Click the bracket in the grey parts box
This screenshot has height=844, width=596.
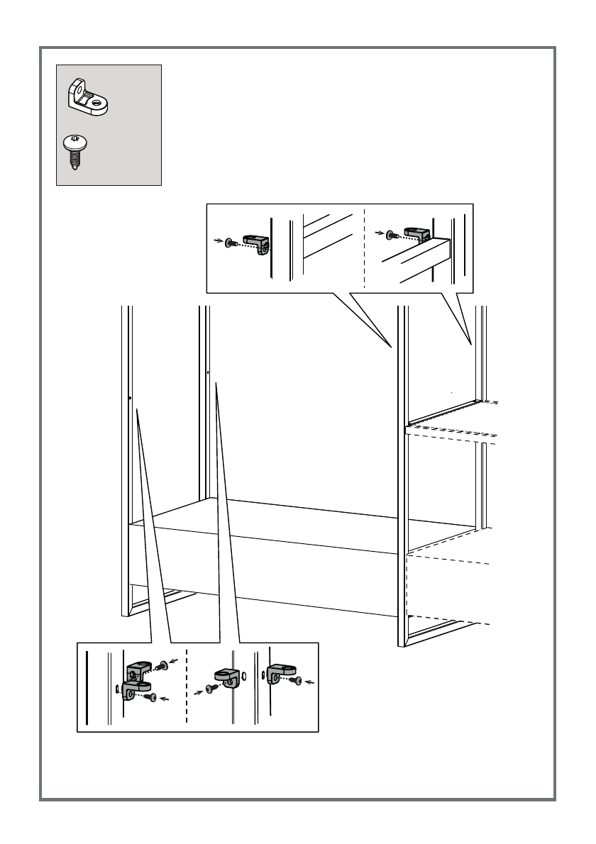pos(87,98)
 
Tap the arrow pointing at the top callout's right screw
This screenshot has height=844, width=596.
pos(380,232)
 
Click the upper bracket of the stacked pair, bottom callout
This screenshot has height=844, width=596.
pos(139,670)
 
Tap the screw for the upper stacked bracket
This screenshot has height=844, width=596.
pos(164,665)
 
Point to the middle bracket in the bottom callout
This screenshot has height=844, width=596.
pos(226,677)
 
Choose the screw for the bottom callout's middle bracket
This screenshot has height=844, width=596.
pos(210,687)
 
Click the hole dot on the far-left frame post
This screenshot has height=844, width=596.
pos(131,398)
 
